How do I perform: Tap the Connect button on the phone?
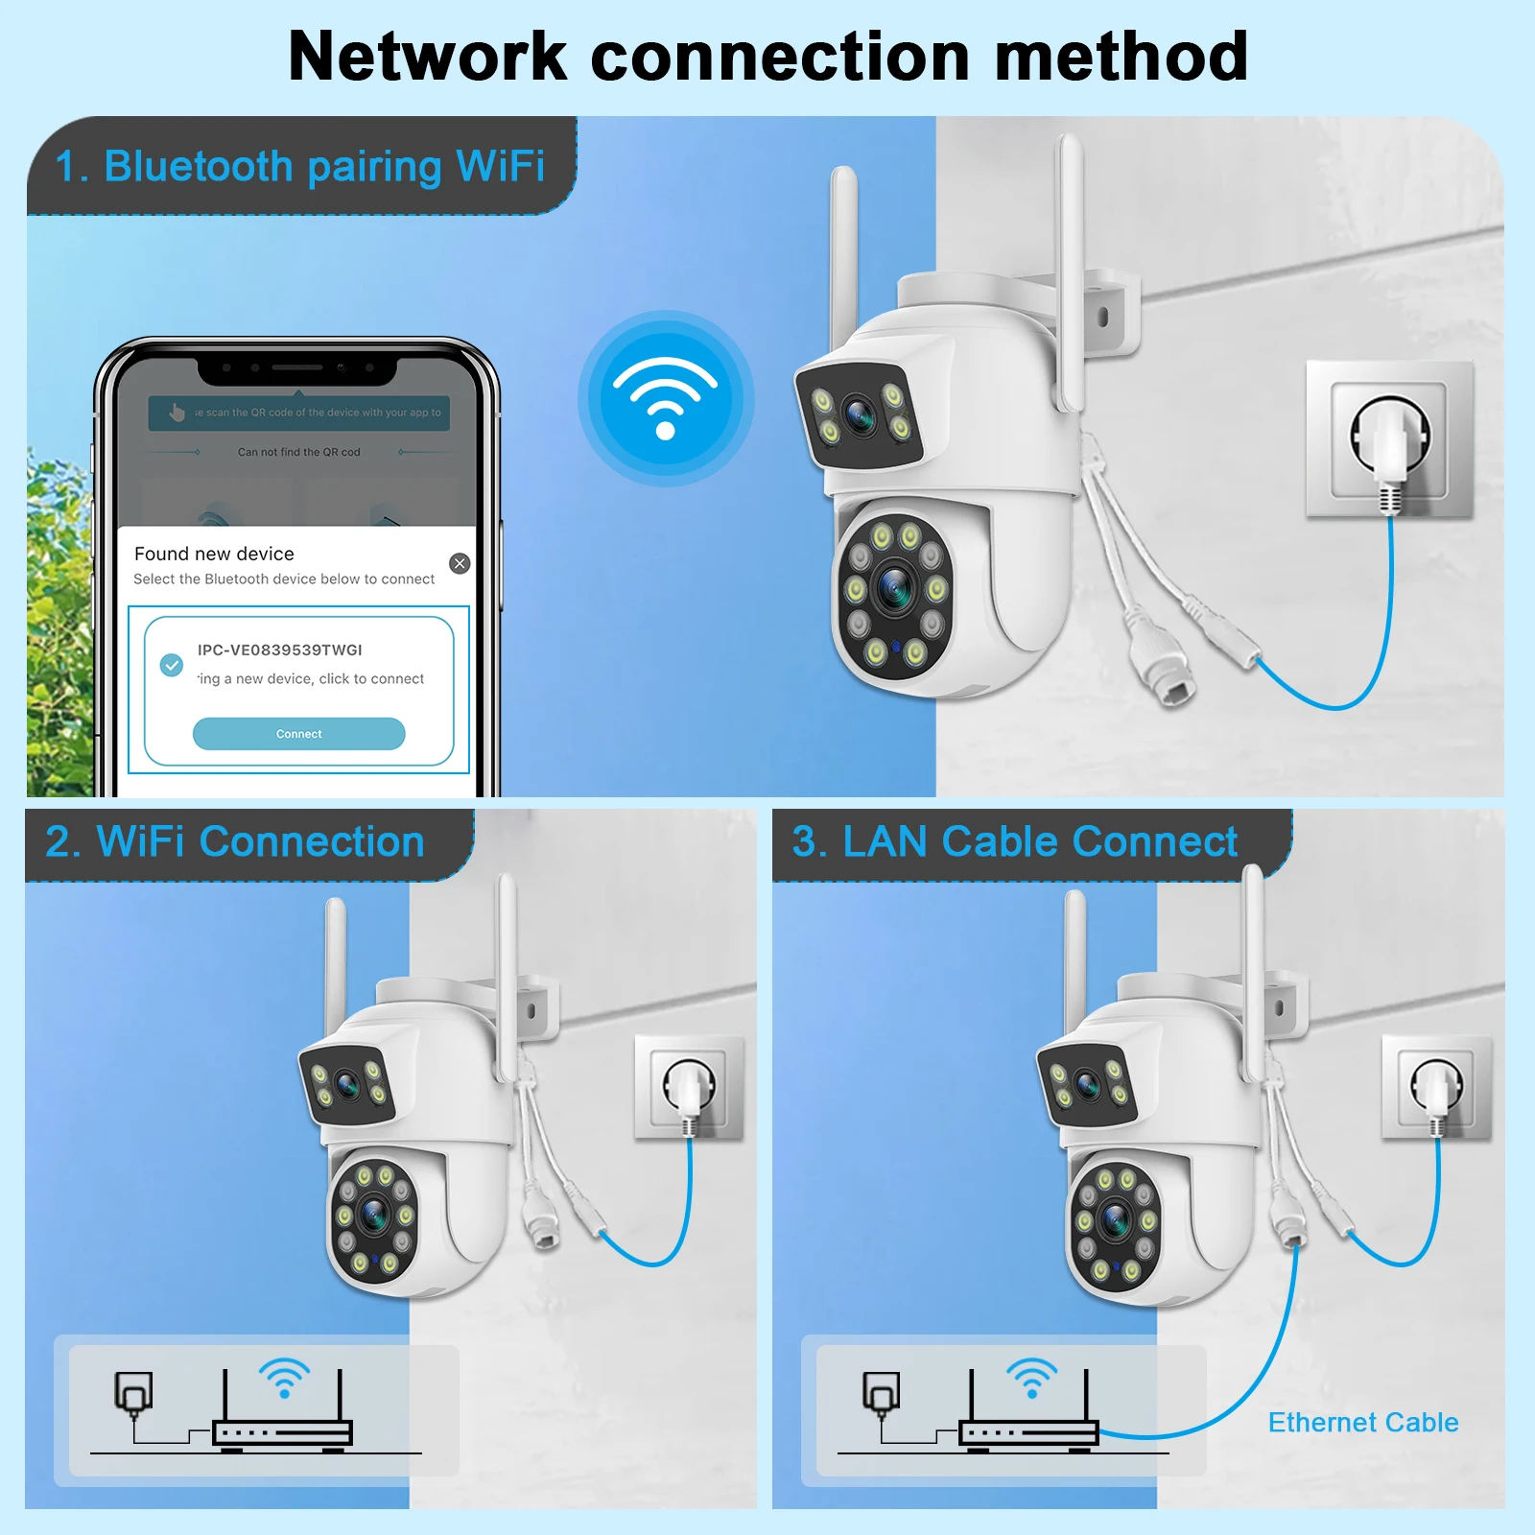tap(298, 734)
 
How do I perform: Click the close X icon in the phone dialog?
tap(460, 563)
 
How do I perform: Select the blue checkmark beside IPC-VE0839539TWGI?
tap(172, 665)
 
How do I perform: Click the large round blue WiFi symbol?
tap(665, 398)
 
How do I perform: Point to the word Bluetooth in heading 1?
tap(198, 166)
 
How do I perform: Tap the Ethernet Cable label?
tap(1362, 1422)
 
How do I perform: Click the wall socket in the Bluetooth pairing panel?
tap(1389, 439)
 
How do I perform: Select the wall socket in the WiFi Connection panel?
tap(690, 1088)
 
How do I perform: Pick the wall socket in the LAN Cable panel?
tap(1436, 1088)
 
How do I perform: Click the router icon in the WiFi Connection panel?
tap(282, 1410)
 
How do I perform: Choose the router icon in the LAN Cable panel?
tap(1029, 1410)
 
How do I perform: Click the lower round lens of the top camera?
tap(894, 587)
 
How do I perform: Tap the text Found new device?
tap(214, 554)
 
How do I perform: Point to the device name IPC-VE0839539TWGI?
tap(280, 649)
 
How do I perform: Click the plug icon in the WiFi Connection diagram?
tap(133, 1393)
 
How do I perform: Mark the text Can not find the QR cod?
tap(298, 452)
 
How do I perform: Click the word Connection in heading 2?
tap(312, 841)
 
